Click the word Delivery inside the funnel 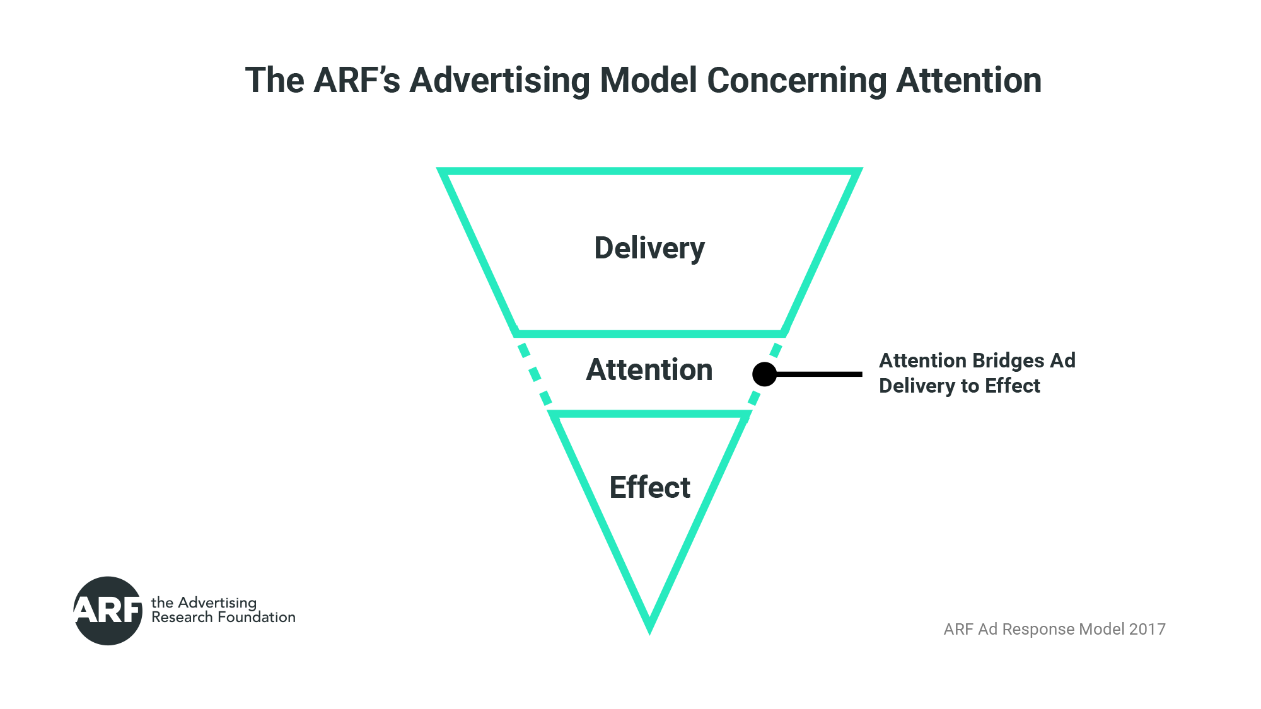(x=649, y=248)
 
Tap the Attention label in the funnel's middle (x=649, y=370)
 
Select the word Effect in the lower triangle (x=649, y=487)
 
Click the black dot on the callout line (x=764, y=374)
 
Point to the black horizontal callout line (x=820, y=374)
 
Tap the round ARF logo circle (x=108, y=610)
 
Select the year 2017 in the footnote (x=1147, y=629)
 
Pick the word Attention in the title (x=968, y=81)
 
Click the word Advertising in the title (x=499, y=81)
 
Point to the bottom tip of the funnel (x=649, y=628)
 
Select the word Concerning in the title (x=796, y=81)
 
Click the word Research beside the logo (x=182, y=617)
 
